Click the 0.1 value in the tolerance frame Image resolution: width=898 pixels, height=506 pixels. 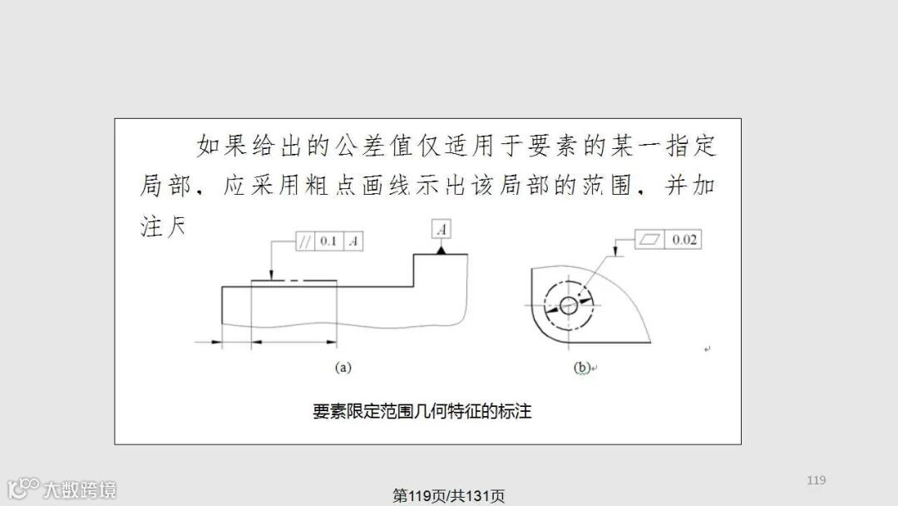[x=328, y=241]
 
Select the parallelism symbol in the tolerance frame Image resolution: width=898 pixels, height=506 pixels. [x=304, y=241]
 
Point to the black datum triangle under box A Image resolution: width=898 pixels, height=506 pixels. [x=442, y=249]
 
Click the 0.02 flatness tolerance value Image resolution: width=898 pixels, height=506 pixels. [x=684, y=240]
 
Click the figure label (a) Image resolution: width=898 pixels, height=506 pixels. [x=343, y=366]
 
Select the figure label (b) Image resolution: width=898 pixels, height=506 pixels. [x=582, y=367]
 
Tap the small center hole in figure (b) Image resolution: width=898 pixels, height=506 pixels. [x=569, y=305]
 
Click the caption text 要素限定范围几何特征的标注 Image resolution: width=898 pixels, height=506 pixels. [x=422, y=411]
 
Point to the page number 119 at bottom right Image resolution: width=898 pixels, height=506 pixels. [x=816, y=480]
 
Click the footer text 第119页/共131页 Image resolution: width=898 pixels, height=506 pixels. [x=449, y=496]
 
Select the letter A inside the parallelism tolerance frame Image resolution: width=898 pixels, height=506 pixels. [x=353, y=241]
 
